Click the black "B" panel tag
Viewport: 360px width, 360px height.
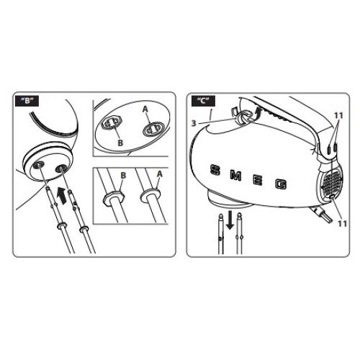(27, 101)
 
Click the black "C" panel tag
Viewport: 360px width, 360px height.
(203, 101)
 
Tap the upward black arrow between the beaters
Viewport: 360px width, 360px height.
(62, 196)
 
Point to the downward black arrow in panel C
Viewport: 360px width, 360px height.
(230, 220)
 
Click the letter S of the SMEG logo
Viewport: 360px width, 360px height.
(215, 170)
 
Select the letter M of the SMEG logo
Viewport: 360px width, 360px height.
(235, 175)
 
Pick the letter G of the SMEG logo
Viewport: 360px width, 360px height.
(281, 184)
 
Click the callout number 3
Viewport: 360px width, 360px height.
(194, 123)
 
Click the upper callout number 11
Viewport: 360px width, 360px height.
(338, 116)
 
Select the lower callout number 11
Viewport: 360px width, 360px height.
(342, 224)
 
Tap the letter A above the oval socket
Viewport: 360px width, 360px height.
(145, 109)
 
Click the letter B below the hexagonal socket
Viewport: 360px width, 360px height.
(120, 143)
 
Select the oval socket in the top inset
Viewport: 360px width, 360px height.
(153, 129)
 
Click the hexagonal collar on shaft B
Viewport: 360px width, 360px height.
(113, 197)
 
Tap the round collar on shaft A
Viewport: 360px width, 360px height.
(150, 194)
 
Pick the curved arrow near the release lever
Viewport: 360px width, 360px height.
(257, 113)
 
